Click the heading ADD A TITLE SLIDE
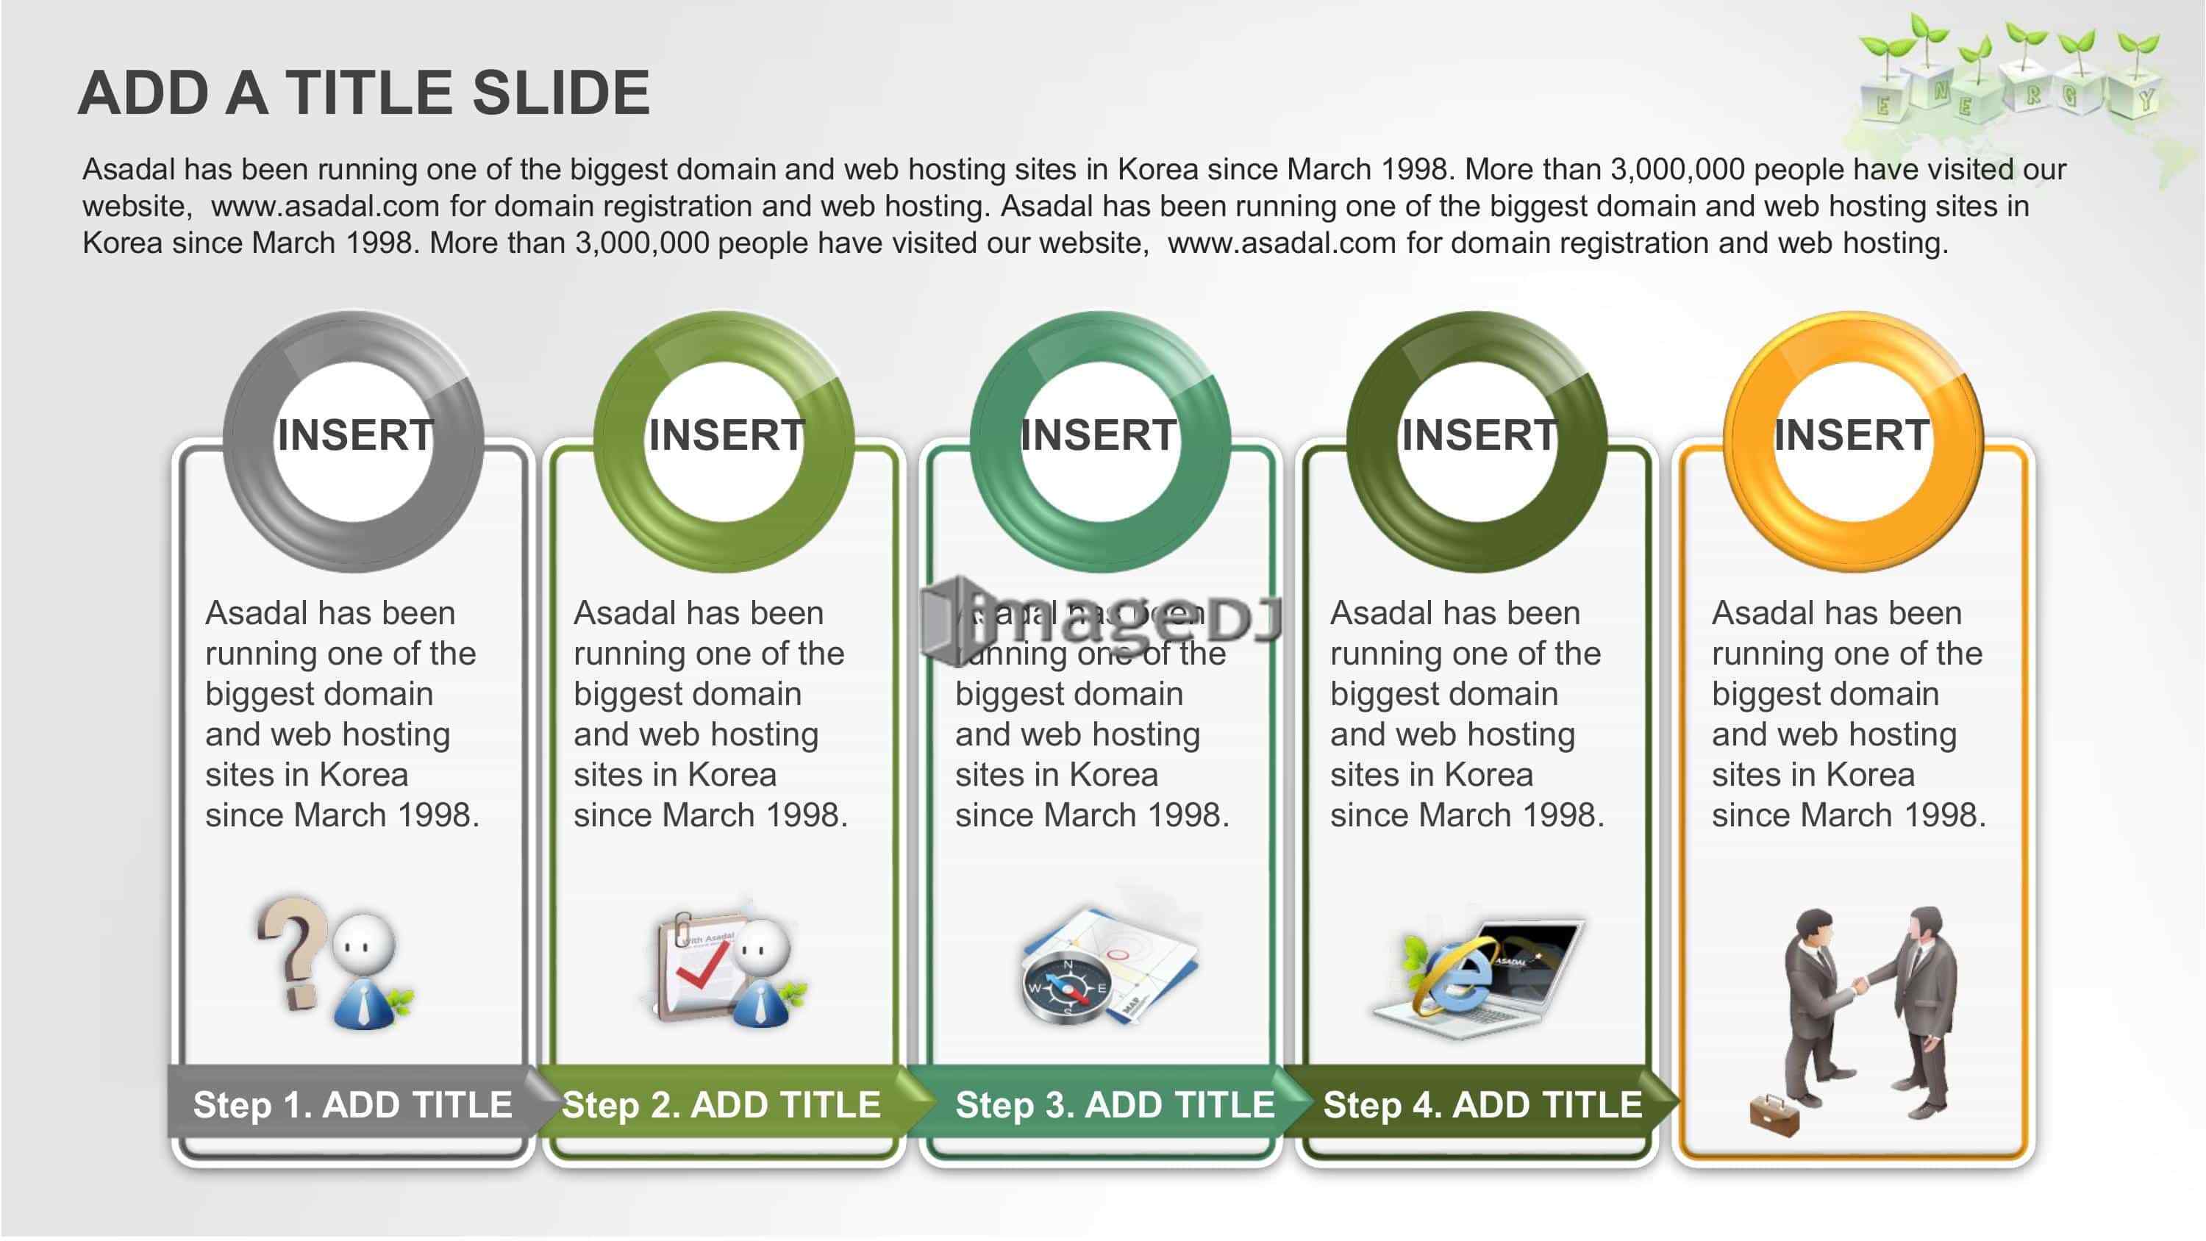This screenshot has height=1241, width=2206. pos(364,93)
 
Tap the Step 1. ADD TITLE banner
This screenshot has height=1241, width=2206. pos(353,1104)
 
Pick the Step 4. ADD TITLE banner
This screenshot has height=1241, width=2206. pos(1482,1104)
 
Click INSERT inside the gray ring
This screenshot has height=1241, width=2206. pos(354,435)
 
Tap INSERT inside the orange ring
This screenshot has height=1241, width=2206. pos(1852,435)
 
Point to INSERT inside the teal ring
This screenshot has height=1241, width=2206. pos(1099,435)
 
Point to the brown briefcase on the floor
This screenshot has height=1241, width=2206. pos(1774,1115)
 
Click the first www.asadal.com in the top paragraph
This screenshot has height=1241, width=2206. pos(326,207)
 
